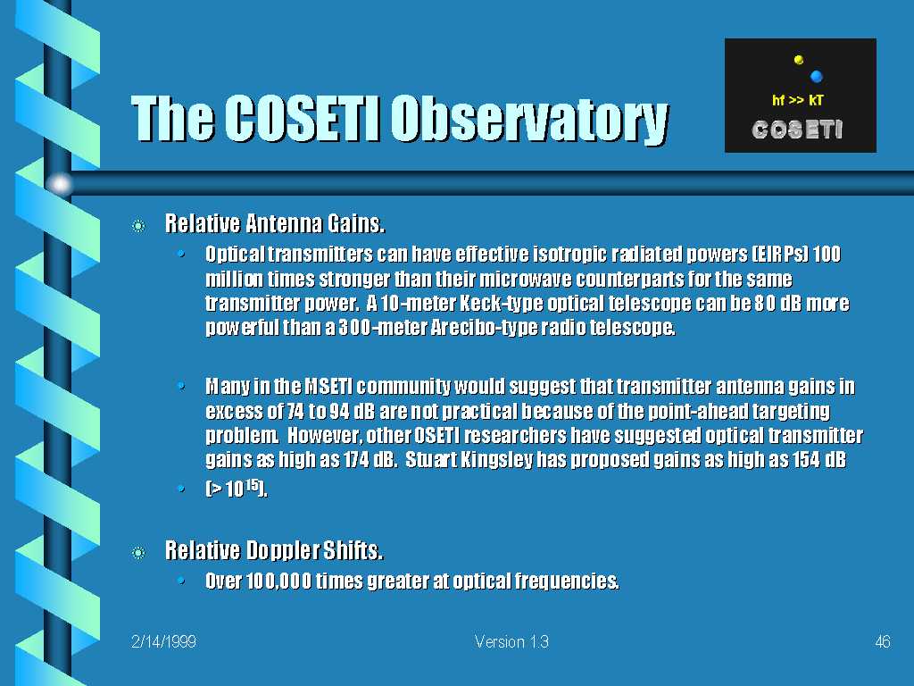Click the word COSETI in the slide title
point(303,118)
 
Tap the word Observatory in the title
point(529,120)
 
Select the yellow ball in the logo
point(799,60)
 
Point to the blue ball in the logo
point(816,77)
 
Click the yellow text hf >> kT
point(797,100)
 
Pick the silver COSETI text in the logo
point(797,130)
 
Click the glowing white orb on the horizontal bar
point(60,184)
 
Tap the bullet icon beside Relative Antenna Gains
point(138,226)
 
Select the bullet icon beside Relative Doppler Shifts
point(138,552)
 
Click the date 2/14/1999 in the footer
point(164,642)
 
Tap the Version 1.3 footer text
point(511,642)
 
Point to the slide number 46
point(883,642)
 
